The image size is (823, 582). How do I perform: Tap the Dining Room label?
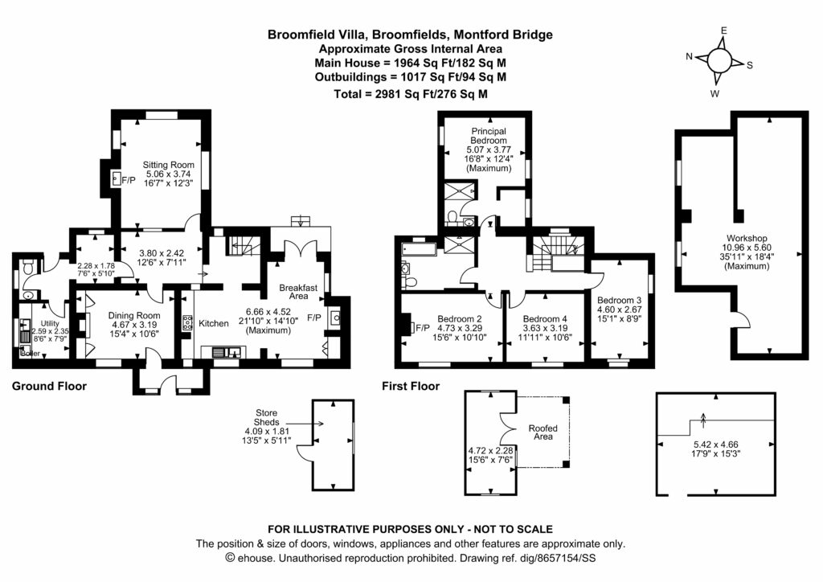click(134, 315)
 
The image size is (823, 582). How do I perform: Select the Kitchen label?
click(214, 323)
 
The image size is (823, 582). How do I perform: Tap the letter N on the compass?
click(690, 56)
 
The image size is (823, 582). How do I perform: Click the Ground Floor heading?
click(49, 387)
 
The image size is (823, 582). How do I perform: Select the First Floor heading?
click(411, 387)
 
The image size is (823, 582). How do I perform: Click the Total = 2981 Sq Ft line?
click(411, 94)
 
